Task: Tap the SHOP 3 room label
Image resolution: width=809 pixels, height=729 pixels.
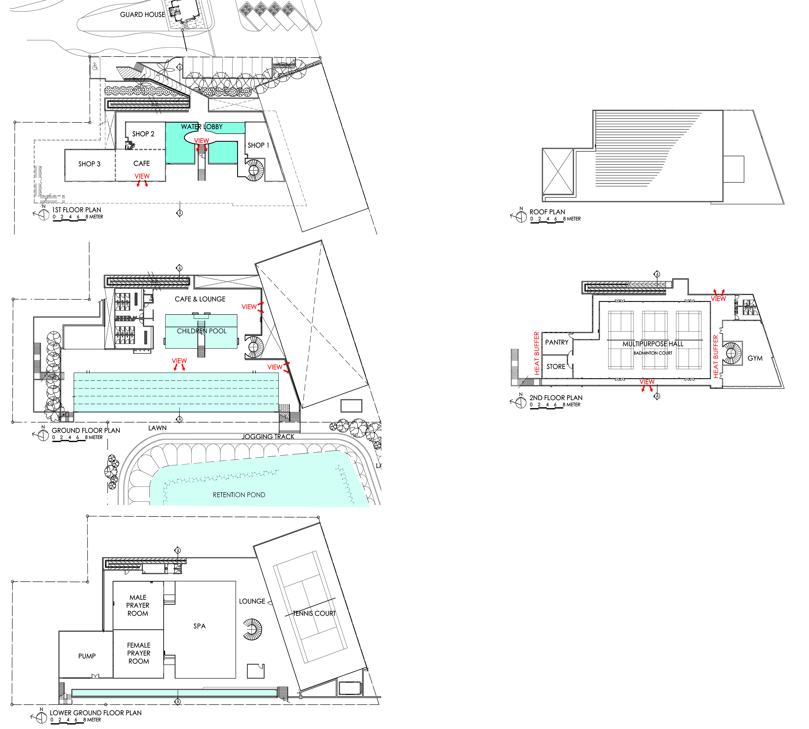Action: pyautogui.click(x=89, y=164)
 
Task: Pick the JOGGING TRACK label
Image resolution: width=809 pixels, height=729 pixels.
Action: pyautogui.click(x=268, y=437)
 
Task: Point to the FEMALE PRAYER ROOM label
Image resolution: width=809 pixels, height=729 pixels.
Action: pyautogui.click(x=139, y=653)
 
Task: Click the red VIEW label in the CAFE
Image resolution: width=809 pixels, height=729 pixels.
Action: pyautogui.click(x=142, y=176)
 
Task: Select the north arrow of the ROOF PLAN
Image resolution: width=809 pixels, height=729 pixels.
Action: pyautogui.click(x=520, y=216)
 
